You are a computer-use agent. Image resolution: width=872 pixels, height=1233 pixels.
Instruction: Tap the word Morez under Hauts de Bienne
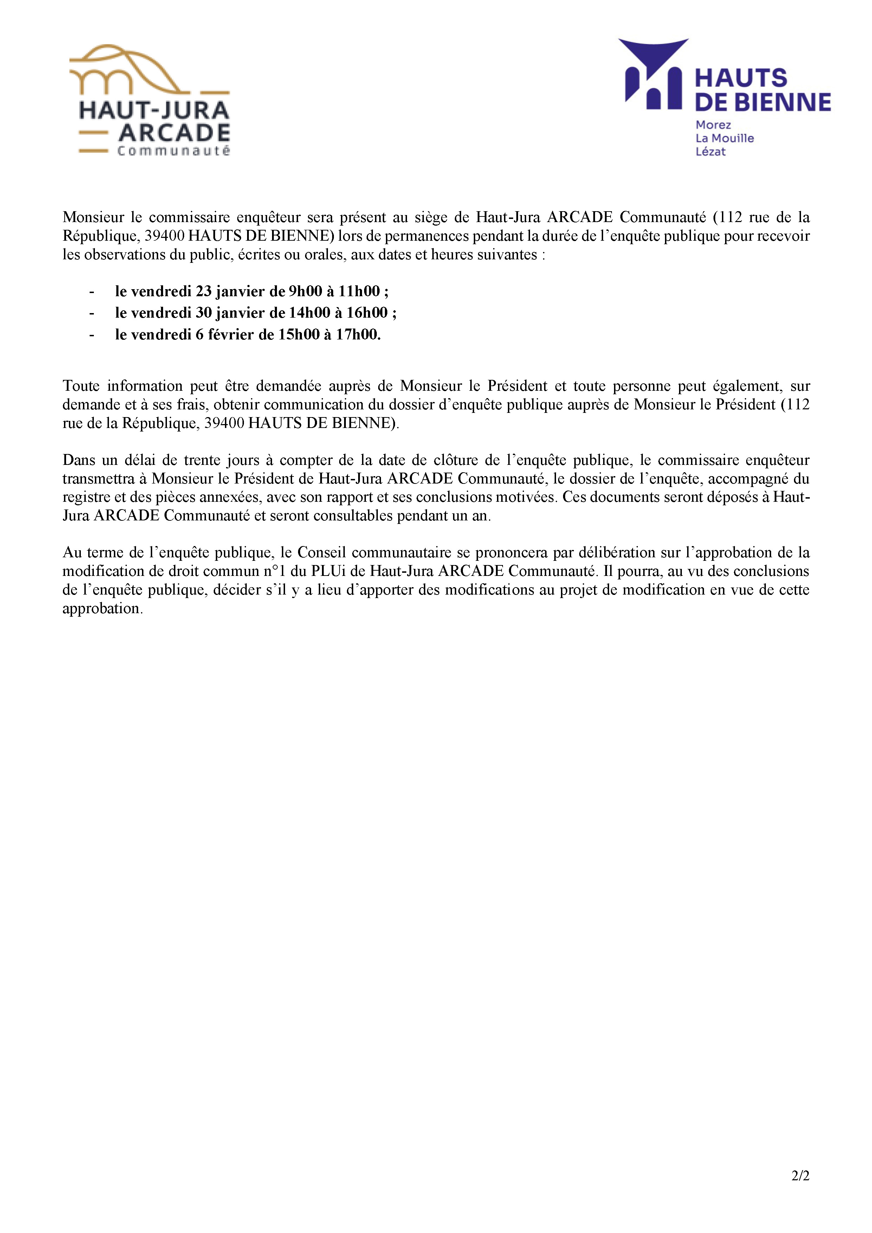click(713, 125)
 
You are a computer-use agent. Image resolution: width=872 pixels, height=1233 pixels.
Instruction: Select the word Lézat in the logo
click(710, 152)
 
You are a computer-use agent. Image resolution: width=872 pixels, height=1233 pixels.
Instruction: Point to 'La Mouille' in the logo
click(724, 138)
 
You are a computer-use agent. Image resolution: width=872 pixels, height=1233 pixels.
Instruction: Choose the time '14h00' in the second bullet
click(309, 312)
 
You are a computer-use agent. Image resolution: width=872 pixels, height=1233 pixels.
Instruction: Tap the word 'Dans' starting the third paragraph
click(78, 460)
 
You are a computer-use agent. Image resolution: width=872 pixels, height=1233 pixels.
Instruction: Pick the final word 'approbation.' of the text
click(103, 609)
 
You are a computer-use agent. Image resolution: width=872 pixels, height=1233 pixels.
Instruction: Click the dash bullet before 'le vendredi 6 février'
click(92, 335)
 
